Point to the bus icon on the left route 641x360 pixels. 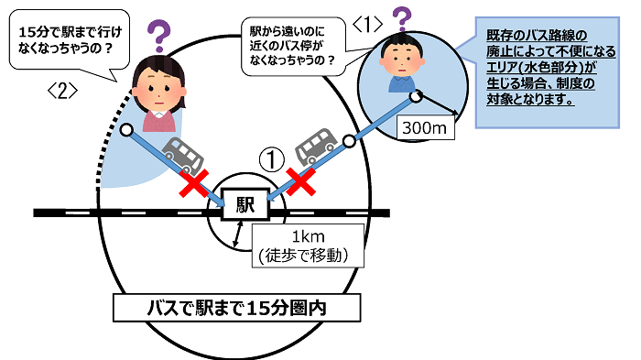183,155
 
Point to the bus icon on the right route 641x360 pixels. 316,145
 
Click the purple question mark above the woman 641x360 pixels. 159,35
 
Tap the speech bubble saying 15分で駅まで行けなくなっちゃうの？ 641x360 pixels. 68,41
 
